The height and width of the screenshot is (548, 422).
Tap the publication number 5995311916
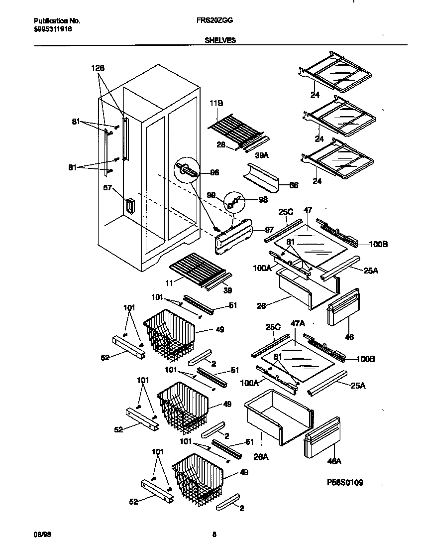53,29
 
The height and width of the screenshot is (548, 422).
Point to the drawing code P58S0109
345,482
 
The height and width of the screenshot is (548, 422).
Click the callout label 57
107,189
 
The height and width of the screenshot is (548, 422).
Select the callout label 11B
216,103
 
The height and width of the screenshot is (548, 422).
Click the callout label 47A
298,323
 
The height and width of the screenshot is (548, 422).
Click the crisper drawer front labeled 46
343,309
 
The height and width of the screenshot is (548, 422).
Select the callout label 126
98,68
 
